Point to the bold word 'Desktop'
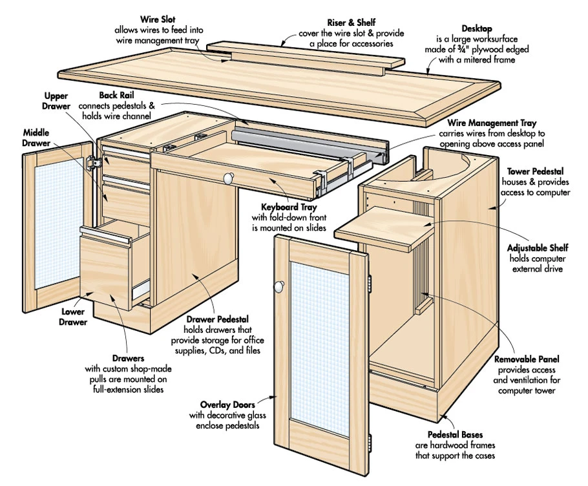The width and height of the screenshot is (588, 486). (x=478, y=28)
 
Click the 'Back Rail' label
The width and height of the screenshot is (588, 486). (x=117, y=95)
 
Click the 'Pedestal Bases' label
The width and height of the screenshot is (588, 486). (x=455, y=435)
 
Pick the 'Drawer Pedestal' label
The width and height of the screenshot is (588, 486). (x=217, y=319)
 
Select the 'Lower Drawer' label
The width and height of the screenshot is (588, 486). (x=74, y=316)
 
